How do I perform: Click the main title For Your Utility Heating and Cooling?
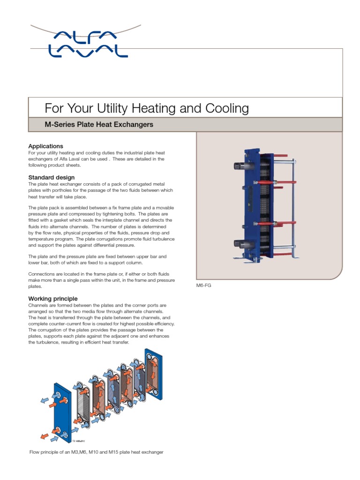[x=146, y=109]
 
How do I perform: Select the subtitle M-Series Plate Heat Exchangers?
[x=99, y=125]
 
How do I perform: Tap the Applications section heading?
[x=45, y=146]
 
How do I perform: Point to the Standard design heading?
[x=51, y=178]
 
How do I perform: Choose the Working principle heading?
[x=53, y=299]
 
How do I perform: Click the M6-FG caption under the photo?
[x=204, y=285]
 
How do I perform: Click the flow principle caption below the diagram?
[x=96, y=452]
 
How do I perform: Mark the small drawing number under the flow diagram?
[x=78, y=441]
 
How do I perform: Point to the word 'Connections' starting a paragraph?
[x=41, y=273]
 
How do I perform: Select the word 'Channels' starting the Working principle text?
[x=38, y=305]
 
